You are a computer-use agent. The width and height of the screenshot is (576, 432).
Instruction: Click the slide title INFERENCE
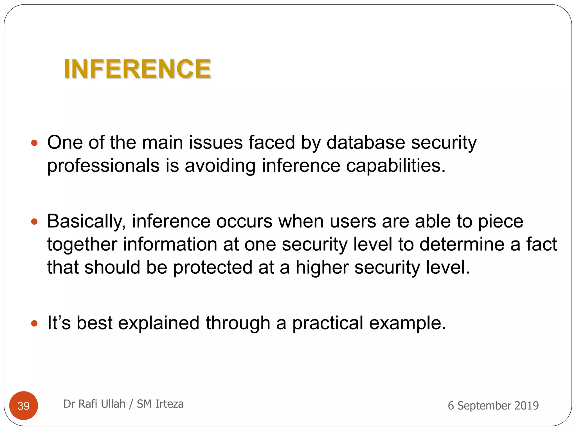(x=137, y=69)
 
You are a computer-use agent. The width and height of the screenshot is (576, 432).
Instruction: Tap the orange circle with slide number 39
(x=24, y=406)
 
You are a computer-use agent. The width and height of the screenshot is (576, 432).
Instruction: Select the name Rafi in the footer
(x=88, y=404)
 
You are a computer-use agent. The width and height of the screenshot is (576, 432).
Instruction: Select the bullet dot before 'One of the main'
(x=34, y=143)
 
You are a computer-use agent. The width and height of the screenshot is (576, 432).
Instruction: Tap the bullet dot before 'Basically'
(x=34, y=222)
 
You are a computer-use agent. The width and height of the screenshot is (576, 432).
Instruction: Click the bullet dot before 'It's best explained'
(x=34, y=323)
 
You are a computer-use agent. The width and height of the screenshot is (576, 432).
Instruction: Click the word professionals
(x=103, y=166)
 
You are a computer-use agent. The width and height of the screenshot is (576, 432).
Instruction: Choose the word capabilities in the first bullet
(x=395, y=166)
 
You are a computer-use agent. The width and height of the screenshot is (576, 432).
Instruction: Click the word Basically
(x=86, y=221)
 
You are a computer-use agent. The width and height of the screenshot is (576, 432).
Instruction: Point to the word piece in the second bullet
(x=501, y=221)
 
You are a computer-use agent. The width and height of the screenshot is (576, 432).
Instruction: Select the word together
(x=82, y=244)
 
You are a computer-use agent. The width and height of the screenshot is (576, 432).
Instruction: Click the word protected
(x=213, y=267)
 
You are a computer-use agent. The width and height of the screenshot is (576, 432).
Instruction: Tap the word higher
(x=322, y=267)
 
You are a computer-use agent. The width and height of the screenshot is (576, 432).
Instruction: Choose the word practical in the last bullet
(x=328, y=323)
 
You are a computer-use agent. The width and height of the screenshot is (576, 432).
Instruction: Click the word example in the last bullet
(x=407, y=323)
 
